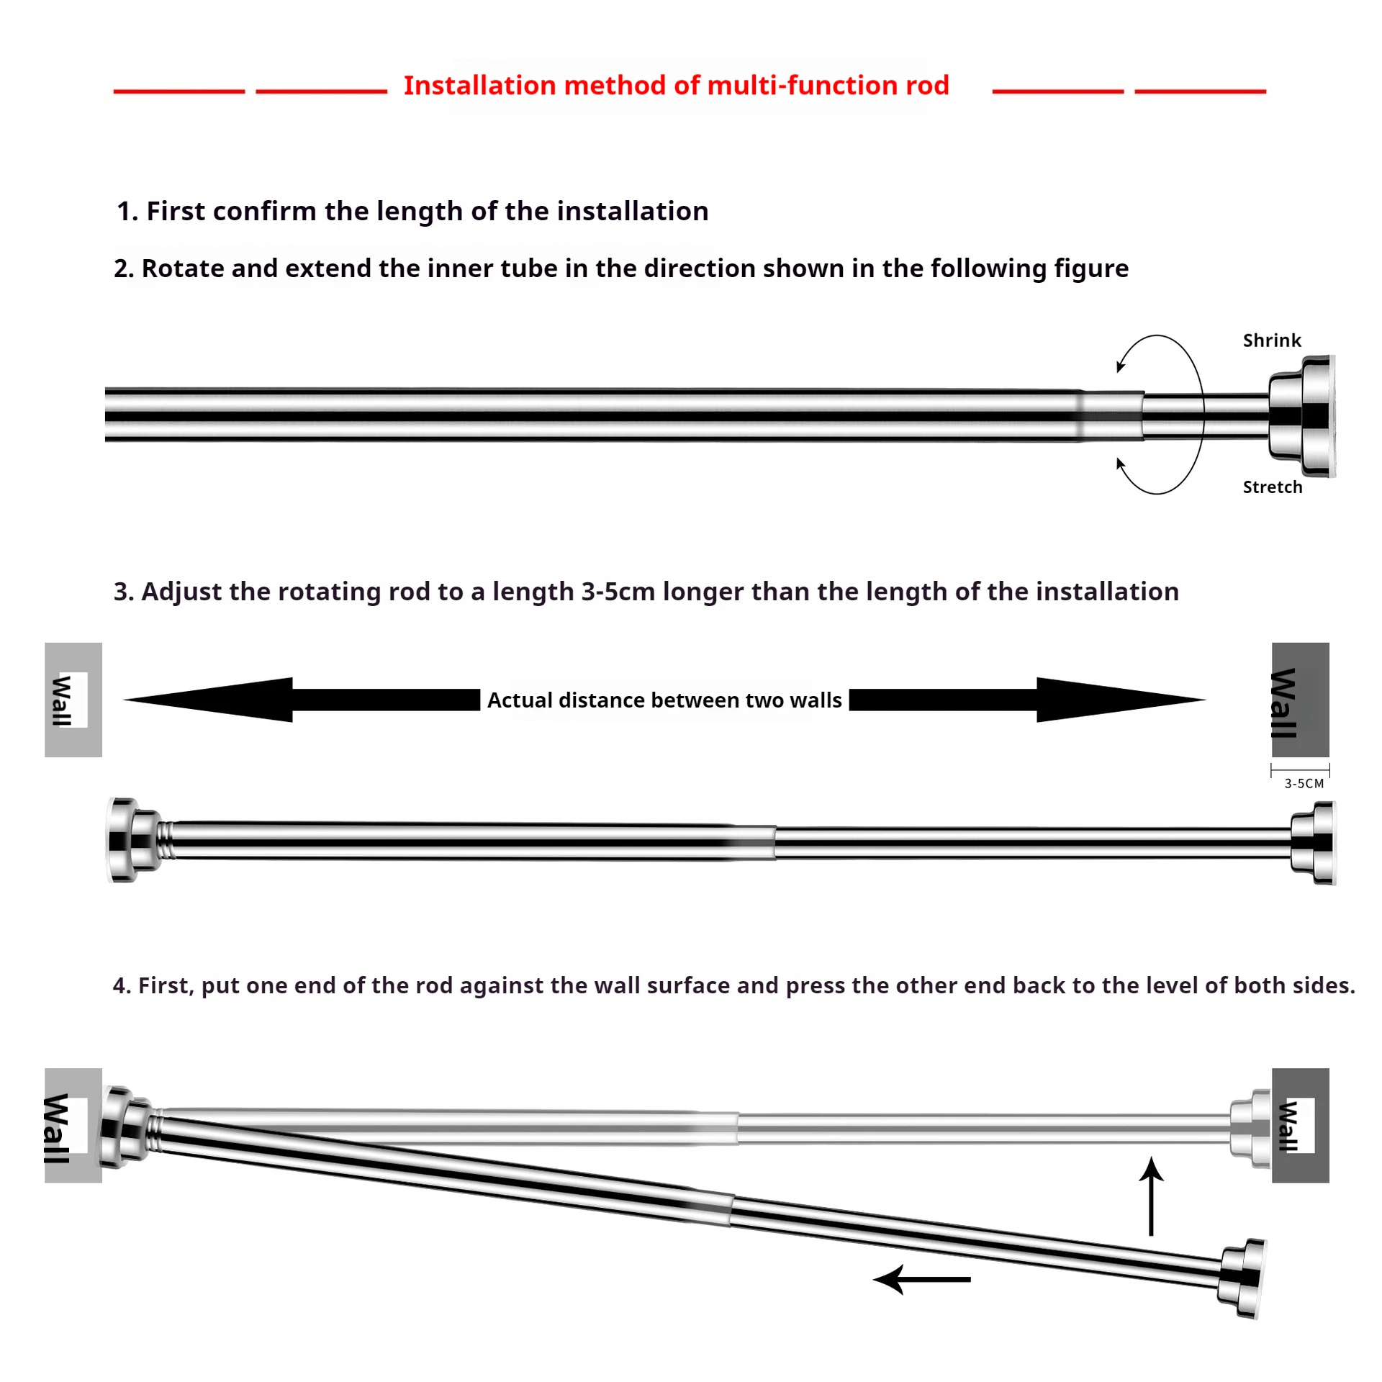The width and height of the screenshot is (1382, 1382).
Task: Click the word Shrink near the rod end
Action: point(1271,340)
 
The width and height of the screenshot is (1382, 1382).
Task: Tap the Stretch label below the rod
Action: point(1272,487)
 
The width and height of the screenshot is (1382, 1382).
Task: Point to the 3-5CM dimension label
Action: point(1304,783)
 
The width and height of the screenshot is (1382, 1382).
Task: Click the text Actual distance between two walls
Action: point(664,700)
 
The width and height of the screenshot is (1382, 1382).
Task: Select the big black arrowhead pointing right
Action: point(1116,699)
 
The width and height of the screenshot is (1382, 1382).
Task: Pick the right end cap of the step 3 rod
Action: point(1313,843)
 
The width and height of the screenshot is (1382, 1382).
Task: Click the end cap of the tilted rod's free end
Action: point(1242,1278)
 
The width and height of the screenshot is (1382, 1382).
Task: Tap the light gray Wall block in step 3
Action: point(73,700)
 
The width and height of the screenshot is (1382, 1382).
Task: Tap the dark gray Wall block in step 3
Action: point(1300,700)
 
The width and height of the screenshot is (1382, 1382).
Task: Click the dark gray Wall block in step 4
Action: point(1300,1125)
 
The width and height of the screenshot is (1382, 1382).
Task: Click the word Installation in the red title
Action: point(479,86)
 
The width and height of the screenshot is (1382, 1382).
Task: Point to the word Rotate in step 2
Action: point(183,268)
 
